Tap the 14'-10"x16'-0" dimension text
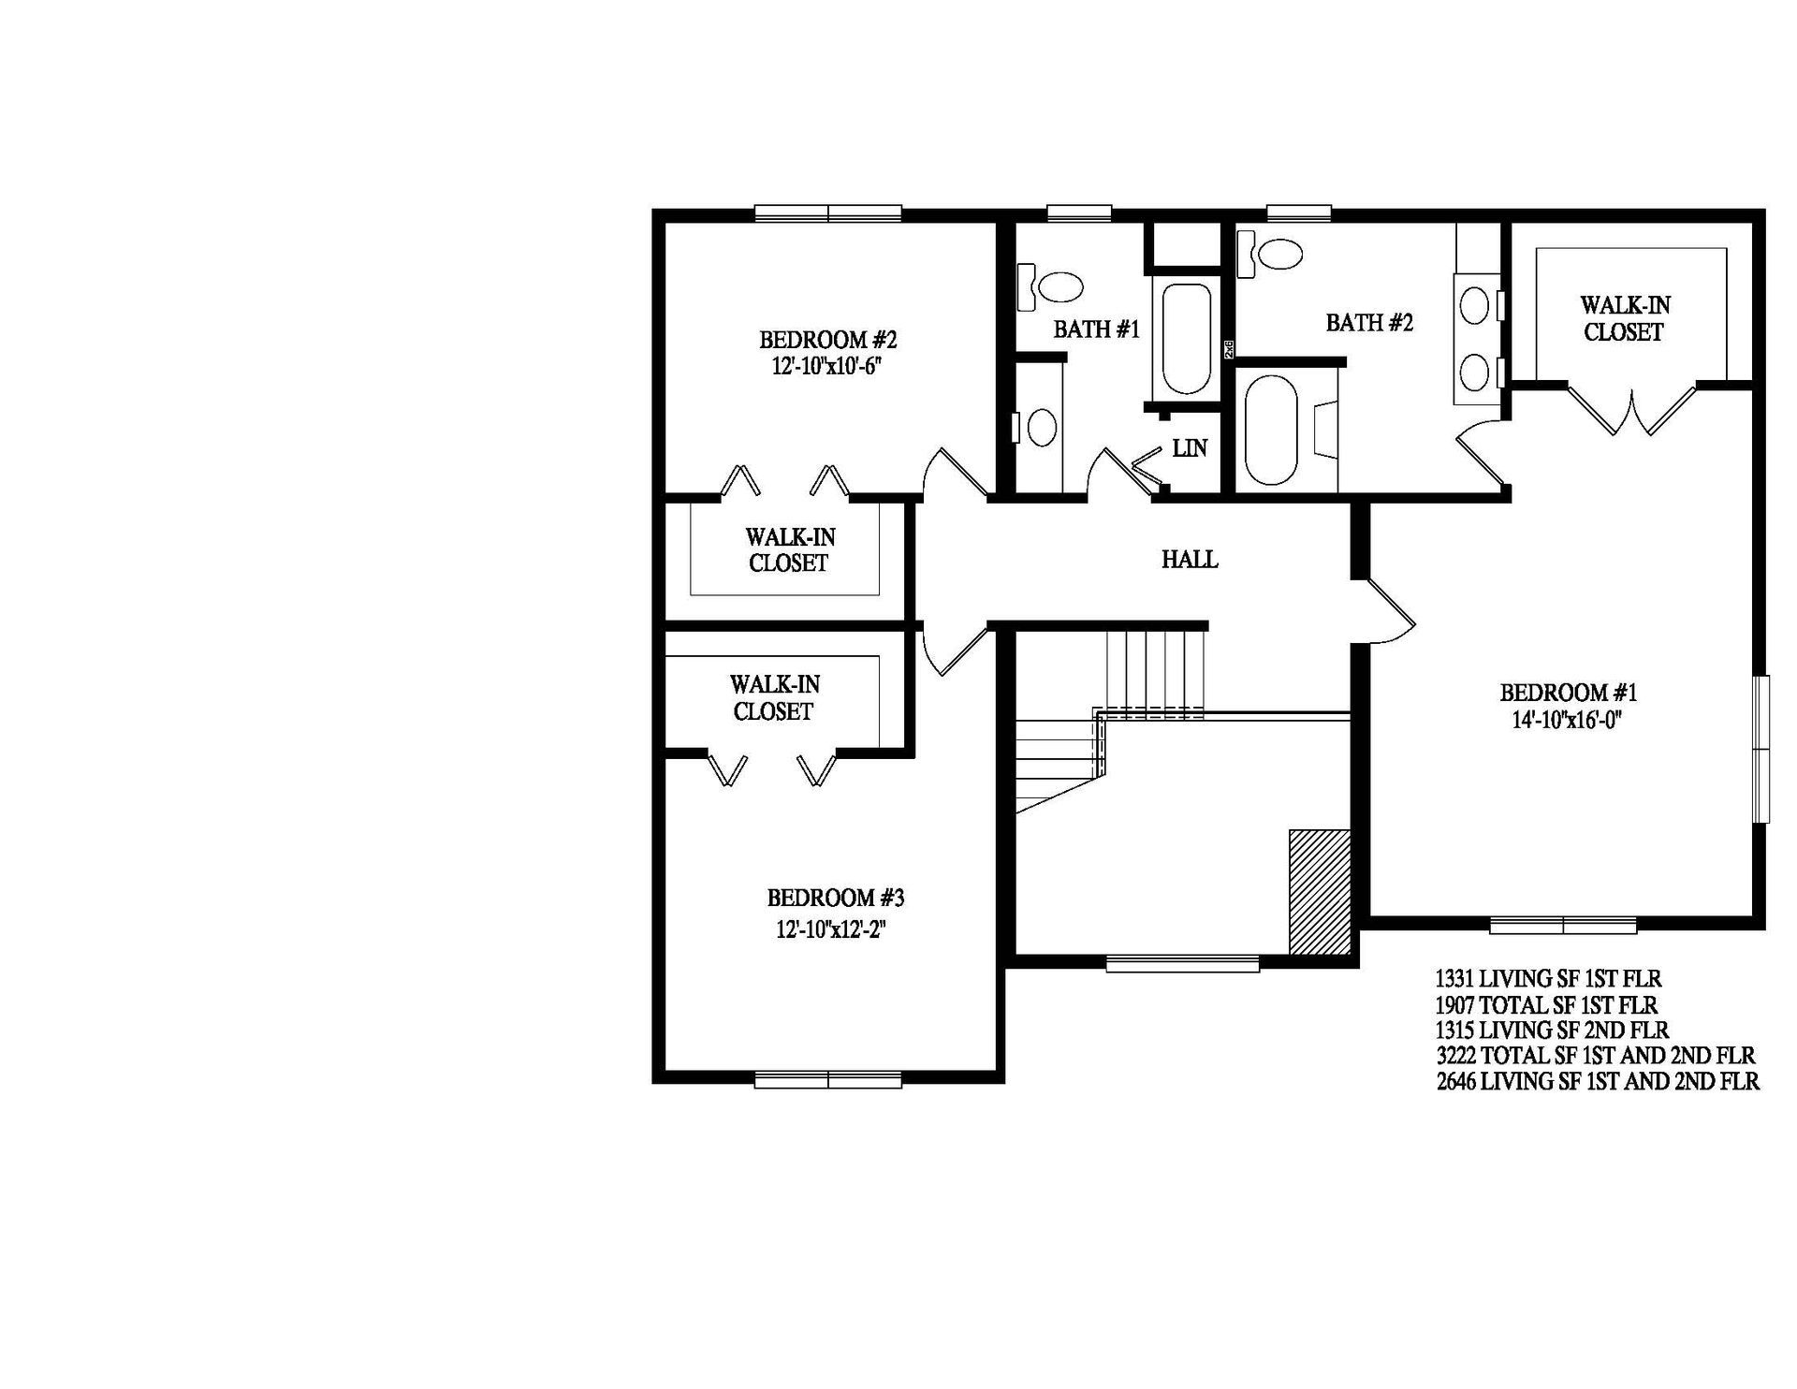[x=1568, y=720]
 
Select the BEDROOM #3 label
[x=835, y=899]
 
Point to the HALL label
[x=1190, y=560]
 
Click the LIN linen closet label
[x=1190, y=448]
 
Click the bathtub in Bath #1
[x=1186, y=338]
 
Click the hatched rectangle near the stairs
[x=1320, y=892]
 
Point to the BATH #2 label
[x=1368, y=323]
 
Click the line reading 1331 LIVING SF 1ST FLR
[x=1548, y=979]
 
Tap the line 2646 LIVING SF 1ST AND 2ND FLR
[x=1597, y=1082]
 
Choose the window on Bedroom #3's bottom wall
[x=827, y=1078]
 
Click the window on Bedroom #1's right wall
[x=1760, y=749]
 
